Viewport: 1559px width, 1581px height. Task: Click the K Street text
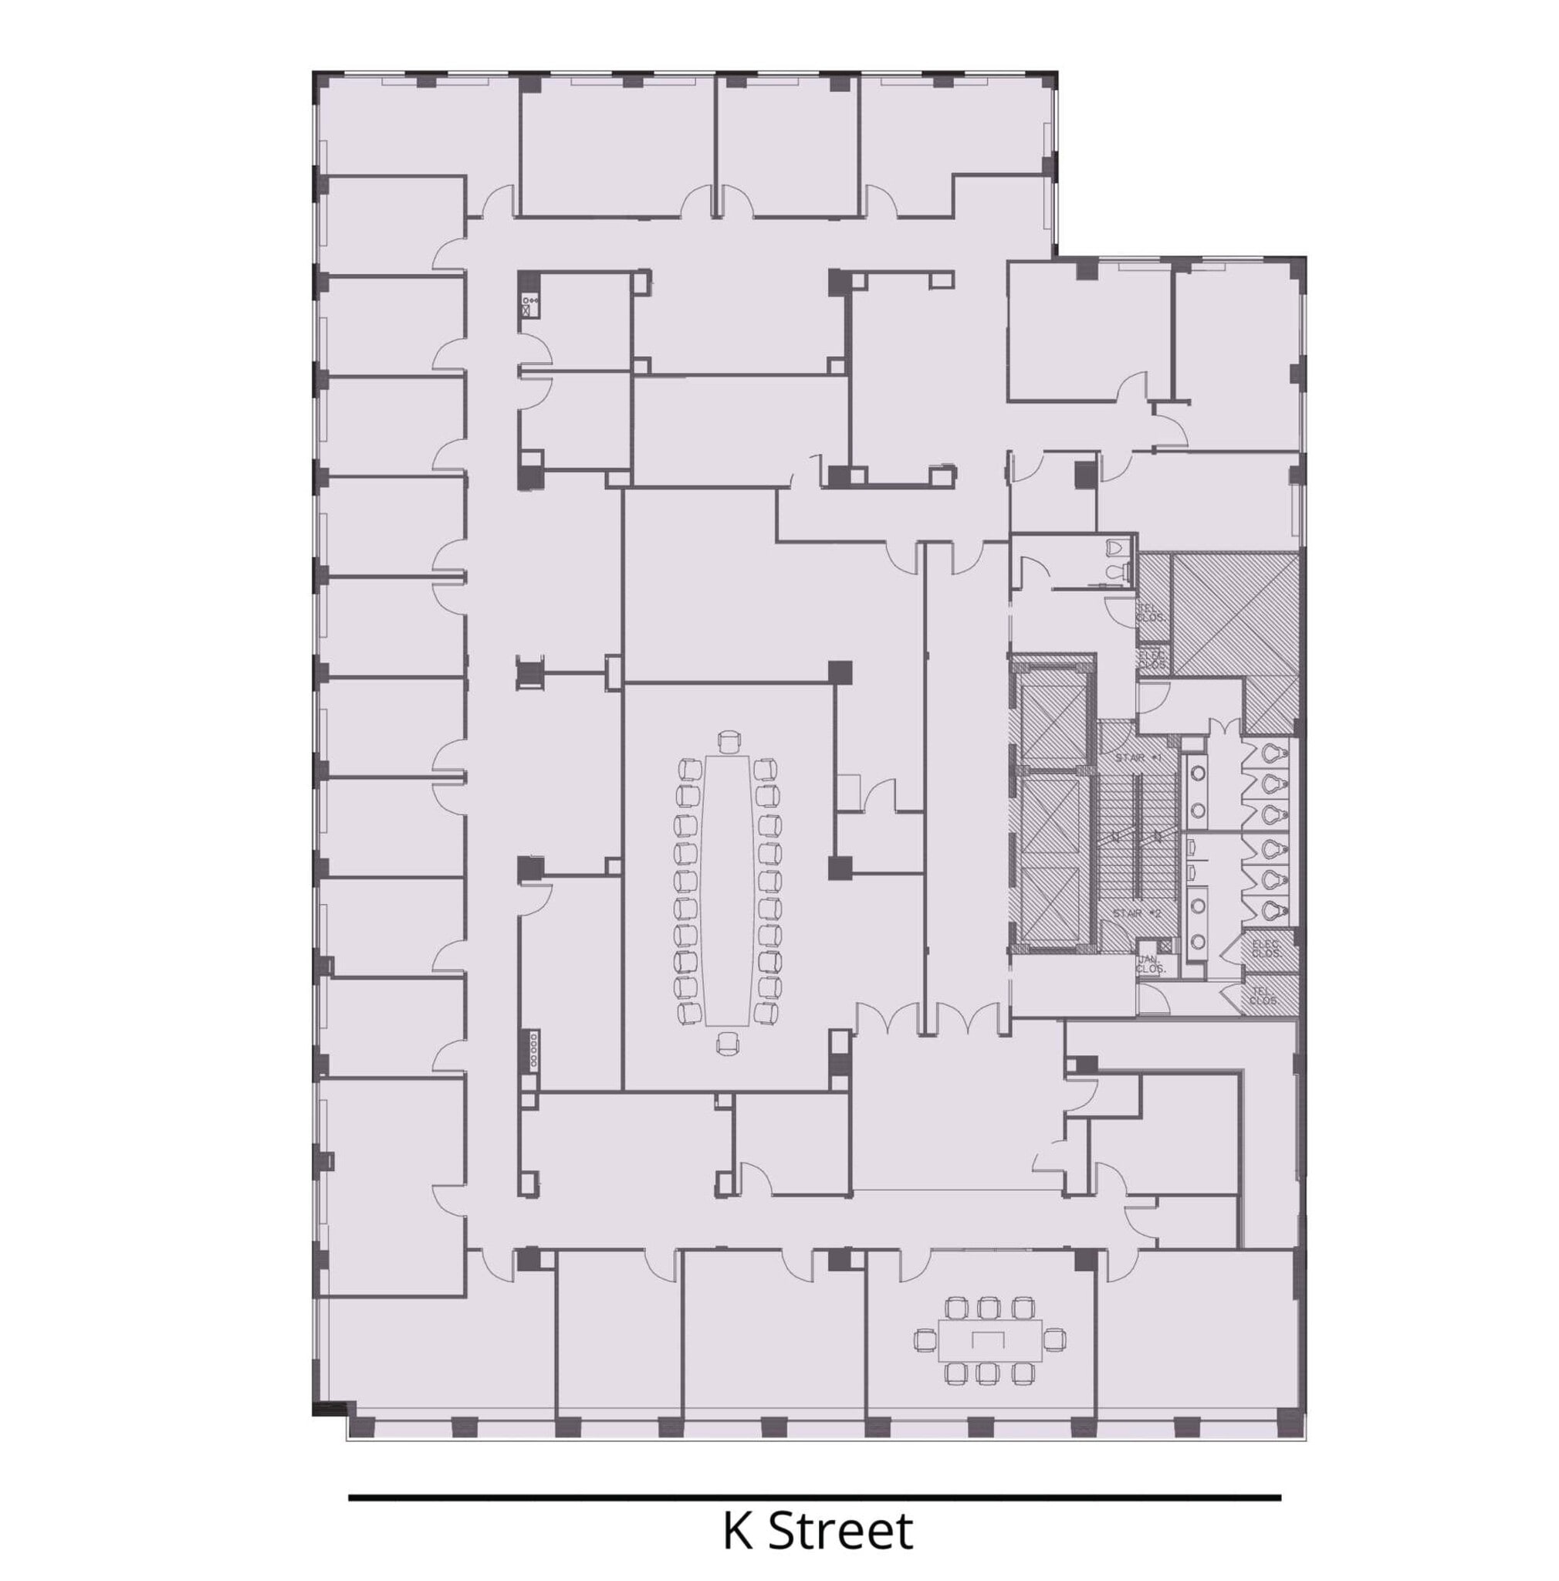pyautogui.click(x=817, y=1530)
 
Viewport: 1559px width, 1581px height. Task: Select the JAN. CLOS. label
pyautogui.click(x=1150, y=964)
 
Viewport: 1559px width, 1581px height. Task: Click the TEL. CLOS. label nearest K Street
pyautogui.click(x=1264, y=996)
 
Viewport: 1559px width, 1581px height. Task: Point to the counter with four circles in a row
pyautogui.click(x=533, y=1049)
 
